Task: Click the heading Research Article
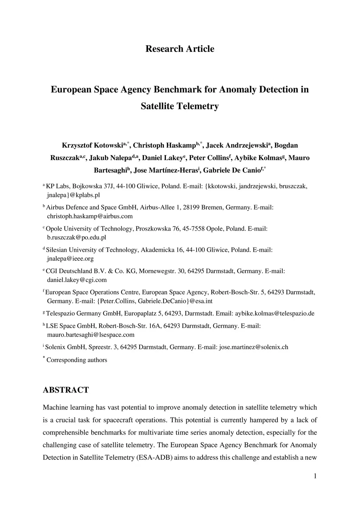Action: point(180,49)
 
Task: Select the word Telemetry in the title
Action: point(199,106)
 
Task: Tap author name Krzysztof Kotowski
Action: point(92,146)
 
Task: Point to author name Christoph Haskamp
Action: point(164,146)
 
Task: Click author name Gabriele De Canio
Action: point(231,170)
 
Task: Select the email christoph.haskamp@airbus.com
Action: point(90,216)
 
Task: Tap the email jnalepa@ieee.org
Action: point(70,259)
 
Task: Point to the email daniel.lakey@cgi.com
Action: point(77,280)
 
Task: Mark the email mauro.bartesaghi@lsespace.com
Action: point(91,335)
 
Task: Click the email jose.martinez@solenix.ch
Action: point(253,347)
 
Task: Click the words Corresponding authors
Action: point(77,360)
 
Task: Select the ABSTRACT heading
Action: point(66,390)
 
